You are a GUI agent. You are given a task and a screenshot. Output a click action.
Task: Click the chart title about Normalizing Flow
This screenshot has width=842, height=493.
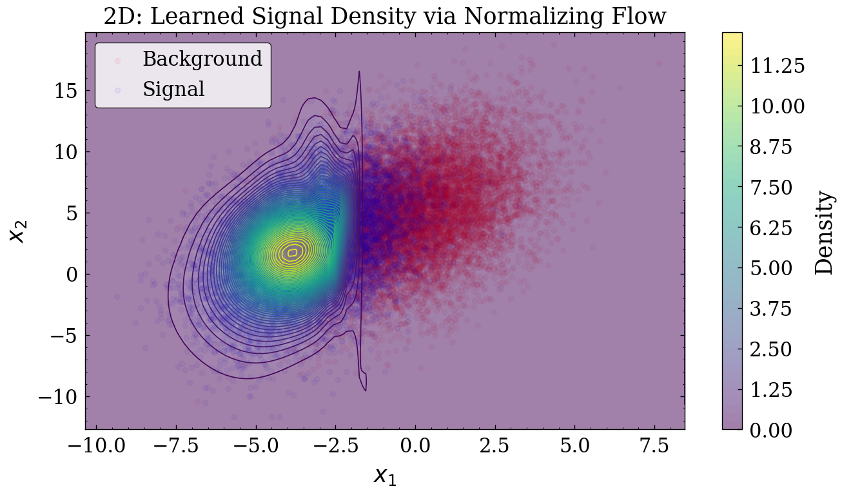(384, 16)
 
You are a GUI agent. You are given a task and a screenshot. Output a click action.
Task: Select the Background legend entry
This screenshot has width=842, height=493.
(202, 59)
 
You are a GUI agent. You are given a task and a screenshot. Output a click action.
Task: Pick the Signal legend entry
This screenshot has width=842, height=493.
(173, 89)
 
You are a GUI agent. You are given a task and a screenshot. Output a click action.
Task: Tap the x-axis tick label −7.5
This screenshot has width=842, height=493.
(175, 445)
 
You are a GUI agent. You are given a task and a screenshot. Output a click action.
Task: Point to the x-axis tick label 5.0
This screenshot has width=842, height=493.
(574, 445)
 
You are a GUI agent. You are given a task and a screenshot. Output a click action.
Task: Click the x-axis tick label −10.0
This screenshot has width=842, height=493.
(95, 445)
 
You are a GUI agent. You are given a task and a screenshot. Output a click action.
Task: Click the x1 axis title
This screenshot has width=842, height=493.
(385, 476)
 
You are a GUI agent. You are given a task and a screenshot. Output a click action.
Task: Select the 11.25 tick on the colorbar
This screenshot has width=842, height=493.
(777, 66)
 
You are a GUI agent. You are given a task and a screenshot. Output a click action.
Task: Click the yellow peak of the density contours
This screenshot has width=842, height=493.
(293, 253)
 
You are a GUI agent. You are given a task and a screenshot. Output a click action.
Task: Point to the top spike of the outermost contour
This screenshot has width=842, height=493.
(359, 72)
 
